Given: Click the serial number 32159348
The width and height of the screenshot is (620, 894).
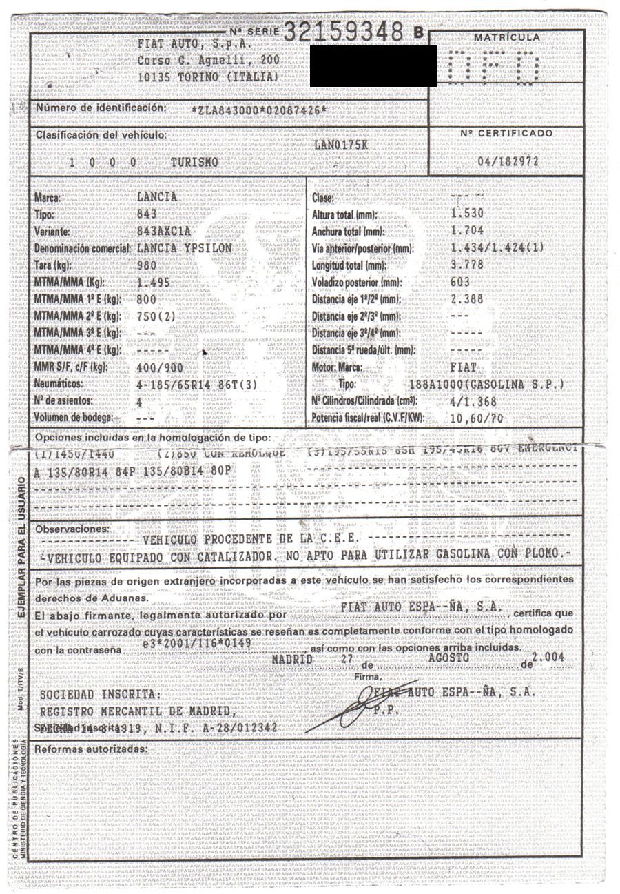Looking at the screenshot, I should [344, 30].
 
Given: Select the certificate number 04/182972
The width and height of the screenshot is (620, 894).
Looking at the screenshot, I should [508, 160].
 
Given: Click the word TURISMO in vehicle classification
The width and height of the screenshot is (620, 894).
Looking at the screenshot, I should [195, 163].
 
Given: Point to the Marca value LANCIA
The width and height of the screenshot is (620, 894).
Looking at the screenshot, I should [157, 197].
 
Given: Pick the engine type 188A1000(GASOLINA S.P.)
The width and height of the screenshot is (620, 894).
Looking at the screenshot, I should [486, 384].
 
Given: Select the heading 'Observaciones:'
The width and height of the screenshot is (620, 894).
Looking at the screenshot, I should [72, 529].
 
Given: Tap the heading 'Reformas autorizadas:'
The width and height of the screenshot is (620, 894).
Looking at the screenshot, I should [91, 749].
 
